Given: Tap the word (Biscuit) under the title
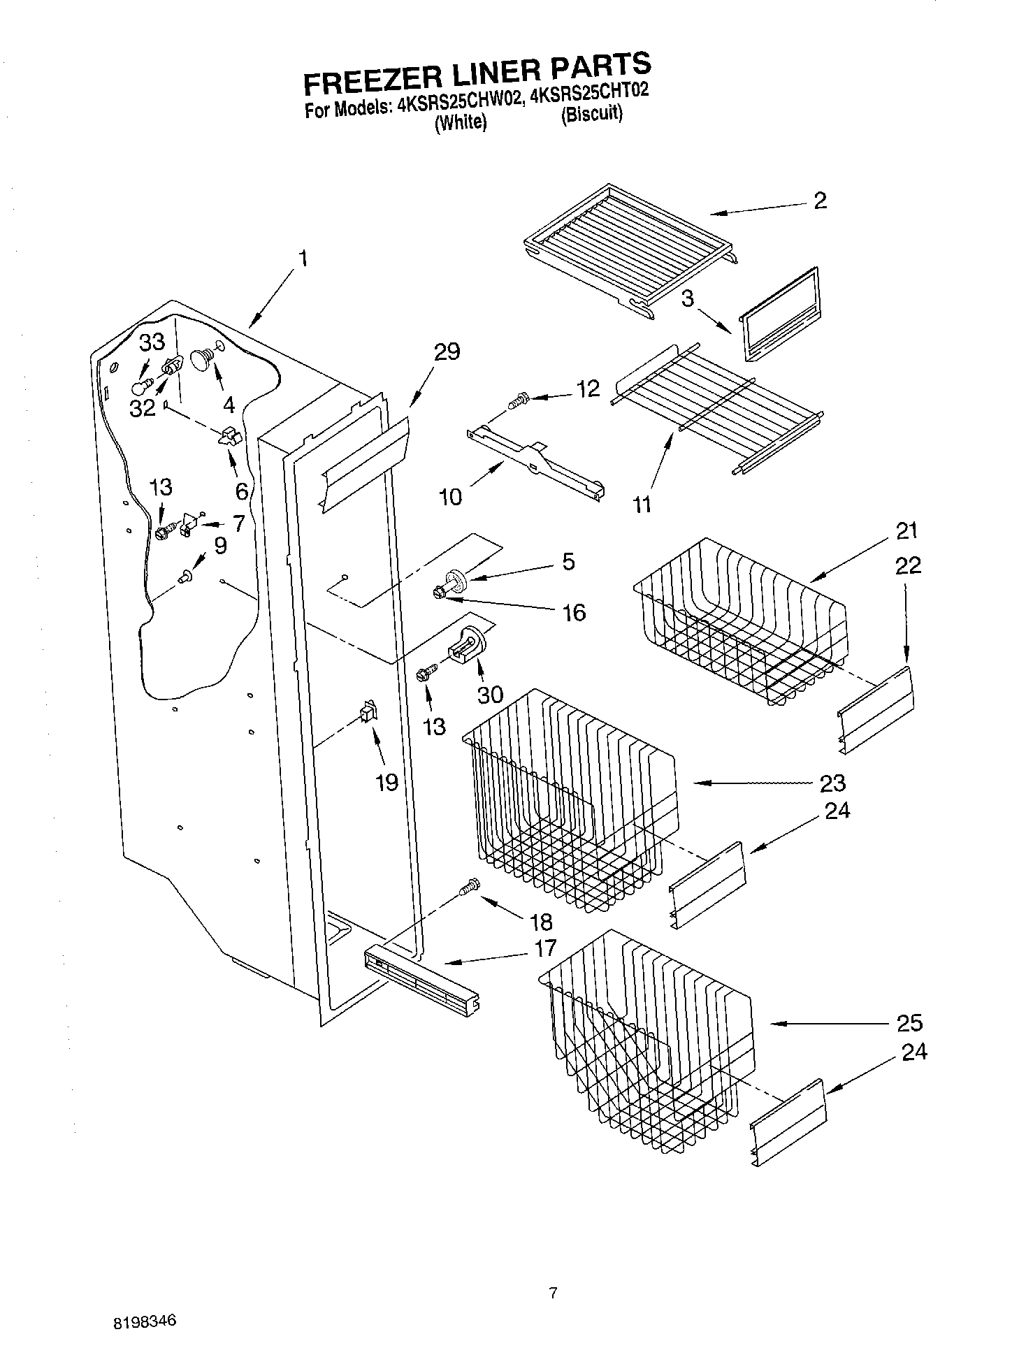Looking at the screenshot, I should click(x=591, y=114).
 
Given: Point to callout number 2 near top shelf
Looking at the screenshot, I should click(x=820, y=201).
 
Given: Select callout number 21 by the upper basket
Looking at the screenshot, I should click(x=906, y=531).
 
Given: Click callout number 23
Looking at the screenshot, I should click(x=833, y=783).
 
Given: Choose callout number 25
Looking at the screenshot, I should click(x=909, y=1023).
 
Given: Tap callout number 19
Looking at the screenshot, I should click(x=386, y=782).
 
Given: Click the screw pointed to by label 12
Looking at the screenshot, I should click(x=518, y=402).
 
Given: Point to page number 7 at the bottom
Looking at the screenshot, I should click(x=553, y=1294).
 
